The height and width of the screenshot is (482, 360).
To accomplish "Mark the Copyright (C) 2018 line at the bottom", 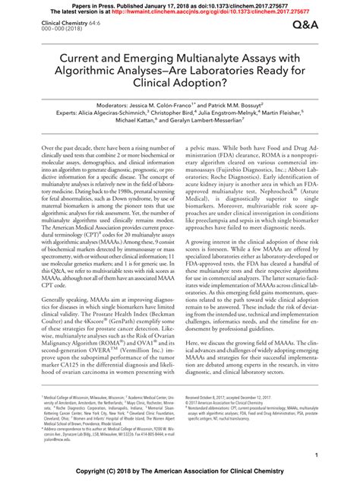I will tap(179, 472).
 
